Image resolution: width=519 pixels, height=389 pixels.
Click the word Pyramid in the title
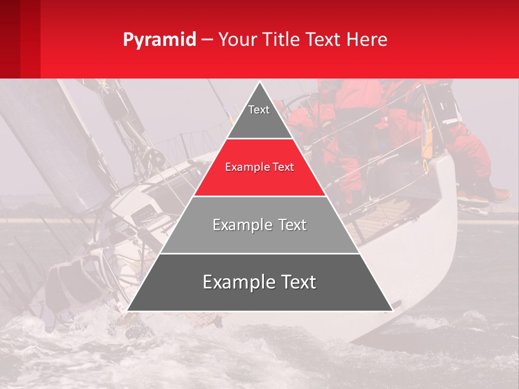tap(159, 40)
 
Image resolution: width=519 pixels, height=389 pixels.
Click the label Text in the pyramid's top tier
tap(259, 110)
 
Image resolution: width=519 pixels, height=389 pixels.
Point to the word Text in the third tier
tap(293, 225)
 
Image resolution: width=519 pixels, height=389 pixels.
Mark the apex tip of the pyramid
tap(259, 83)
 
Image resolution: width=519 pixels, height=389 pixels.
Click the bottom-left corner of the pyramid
tap(128, 310)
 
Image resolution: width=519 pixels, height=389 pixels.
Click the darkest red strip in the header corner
tap(10, 39)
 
